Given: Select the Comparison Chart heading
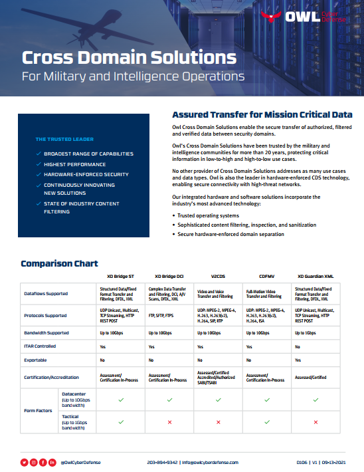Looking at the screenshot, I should coord(60,264).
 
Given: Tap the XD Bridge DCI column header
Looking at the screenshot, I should coord(169,275).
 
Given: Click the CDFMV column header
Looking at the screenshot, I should coord(267,275).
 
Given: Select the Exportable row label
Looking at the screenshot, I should coord(37,360).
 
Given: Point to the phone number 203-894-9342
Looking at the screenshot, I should coord(162,461).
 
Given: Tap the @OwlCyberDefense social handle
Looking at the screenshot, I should coord(80,461).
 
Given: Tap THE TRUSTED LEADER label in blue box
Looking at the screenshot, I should coord(64,140).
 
